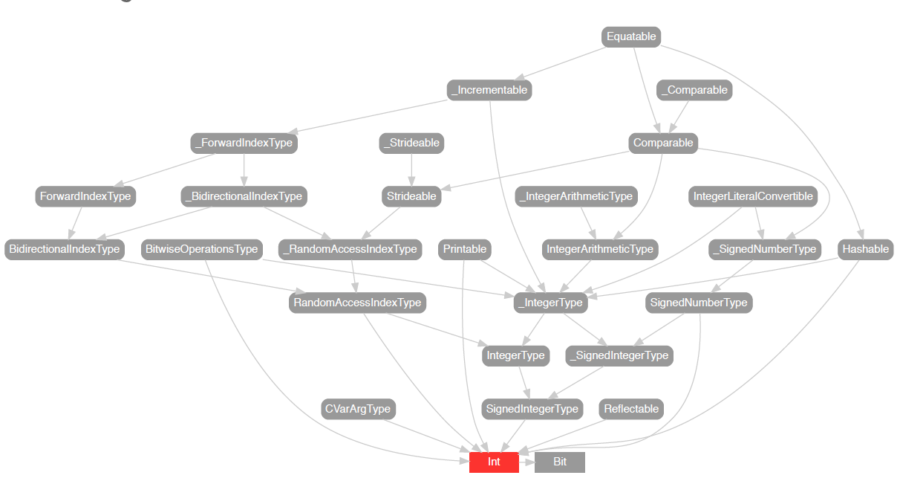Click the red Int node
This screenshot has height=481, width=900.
pos(494,462)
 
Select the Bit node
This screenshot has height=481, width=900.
pos(560,462)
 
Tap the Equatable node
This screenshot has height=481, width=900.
pos(631,36)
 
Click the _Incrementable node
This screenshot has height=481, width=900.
pos(490,90)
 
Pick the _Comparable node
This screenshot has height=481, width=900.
pos(694,90)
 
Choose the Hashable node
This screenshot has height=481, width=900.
pos(865,249)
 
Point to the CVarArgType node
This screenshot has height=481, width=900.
pos(358,409)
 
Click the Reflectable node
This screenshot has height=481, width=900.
pos(631,409)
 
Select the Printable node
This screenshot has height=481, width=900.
pos(465,249)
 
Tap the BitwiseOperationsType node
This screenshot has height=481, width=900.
pos(202,249)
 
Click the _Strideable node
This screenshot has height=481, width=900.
pos(411,143)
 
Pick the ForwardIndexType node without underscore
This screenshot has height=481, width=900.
pos(85,196)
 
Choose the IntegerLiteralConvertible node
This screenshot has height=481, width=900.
pos(753,196)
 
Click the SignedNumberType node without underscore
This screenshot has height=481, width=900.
pos(698,303)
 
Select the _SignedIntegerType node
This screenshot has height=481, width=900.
pos(619,355)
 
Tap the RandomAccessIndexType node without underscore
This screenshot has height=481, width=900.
pos(357,303)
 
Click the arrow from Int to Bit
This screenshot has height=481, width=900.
pos(526,462)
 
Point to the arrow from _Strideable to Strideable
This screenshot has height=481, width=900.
pos(411,170)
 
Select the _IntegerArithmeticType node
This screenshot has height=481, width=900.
pos(576,196)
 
